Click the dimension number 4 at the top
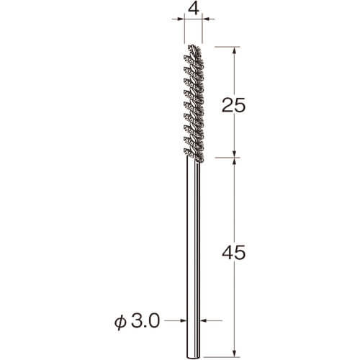click(194, 9)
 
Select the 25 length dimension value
click(233, 105)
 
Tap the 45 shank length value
click(234, 253)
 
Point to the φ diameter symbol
click(120, 323)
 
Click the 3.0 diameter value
click(145, 320)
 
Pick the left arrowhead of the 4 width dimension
click(181, 19)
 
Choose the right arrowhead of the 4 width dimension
click(206, 19)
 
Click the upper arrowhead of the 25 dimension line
click(235, 50)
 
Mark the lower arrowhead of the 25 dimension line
click(235, 154)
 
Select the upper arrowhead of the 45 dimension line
click(235, 161)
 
